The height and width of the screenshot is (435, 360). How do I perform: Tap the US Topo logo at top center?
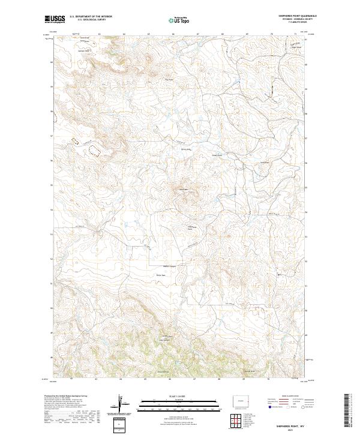tap(180, 20)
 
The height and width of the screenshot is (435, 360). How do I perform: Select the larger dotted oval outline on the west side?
tap(94, 148)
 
